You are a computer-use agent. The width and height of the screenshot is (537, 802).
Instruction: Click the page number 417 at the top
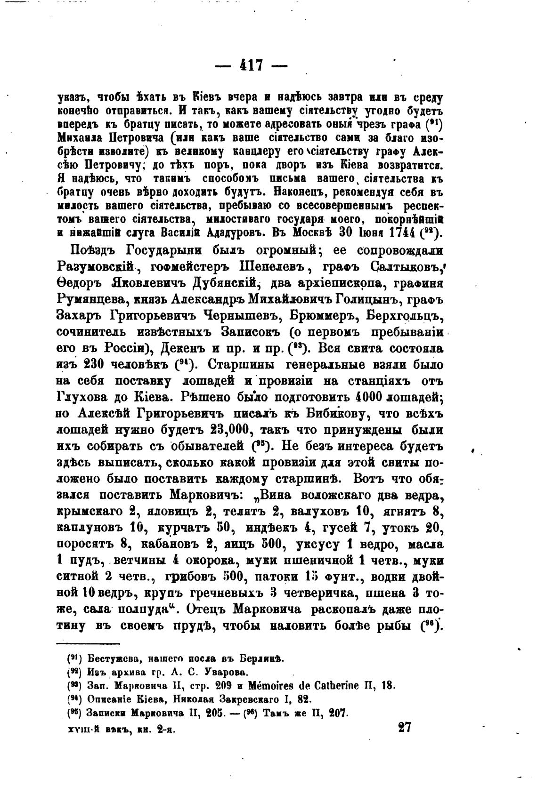251,64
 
